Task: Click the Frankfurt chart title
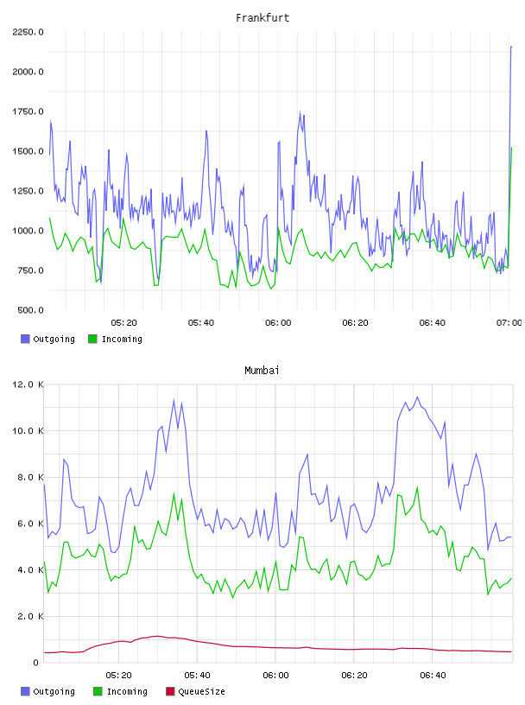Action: tap(262, 18)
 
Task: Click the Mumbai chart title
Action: tap(262, 371)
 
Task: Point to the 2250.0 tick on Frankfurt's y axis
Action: tap(28, 32)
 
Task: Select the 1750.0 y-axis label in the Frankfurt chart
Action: tap(28, 111)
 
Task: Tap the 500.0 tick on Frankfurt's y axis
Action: tap(30, 310)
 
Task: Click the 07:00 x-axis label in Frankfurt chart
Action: tap(509, 323)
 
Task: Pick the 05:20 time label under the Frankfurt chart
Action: tap(124, 323)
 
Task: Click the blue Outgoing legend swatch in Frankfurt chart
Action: tap(25, 339)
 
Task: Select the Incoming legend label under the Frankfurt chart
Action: tap(122, 339)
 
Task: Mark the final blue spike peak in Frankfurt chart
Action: tap(511, 47)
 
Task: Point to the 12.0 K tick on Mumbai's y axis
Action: tap(28, 384)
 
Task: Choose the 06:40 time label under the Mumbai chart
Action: tap(433, 676)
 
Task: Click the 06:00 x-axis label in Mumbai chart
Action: tap(276, 676)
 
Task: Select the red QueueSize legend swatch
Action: tap(170, 691)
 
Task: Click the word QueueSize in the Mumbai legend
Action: tap(201, 691)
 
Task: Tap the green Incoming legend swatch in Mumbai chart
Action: tap(98, 691)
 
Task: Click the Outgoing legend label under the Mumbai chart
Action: tap(54, 691)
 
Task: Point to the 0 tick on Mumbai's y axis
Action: tap(36, 663)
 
